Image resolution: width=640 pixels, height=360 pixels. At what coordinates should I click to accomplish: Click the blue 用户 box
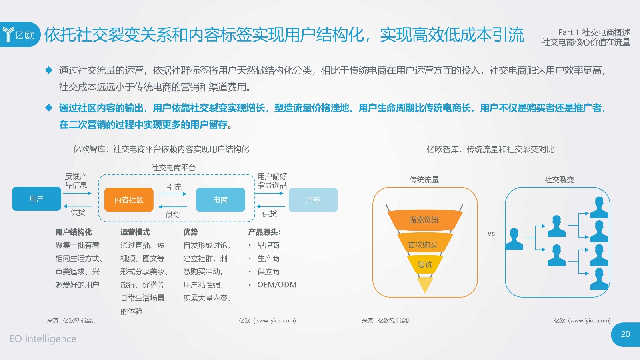coord(36,199)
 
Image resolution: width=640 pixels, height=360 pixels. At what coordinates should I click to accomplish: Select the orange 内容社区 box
coord(129,200)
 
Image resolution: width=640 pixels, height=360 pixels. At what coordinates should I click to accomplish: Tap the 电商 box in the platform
coord(220,200)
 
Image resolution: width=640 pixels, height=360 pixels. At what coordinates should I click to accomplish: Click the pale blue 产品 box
coord(313,200)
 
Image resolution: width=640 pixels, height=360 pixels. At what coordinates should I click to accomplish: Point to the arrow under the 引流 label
coord(172,194)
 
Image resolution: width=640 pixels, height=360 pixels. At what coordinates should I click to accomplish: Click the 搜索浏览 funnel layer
coord(424,220)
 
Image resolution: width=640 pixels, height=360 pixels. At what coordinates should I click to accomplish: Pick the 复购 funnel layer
coord(425,264)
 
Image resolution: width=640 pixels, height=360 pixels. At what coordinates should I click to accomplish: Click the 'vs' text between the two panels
coord(491,234)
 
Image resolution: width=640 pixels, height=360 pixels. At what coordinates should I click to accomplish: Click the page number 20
coord(626,334)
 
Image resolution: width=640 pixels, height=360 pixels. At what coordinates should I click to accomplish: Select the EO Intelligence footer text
coord(43,338)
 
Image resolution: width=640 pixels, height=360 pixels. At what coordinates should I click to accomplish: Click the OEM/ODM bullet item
coord(276,284)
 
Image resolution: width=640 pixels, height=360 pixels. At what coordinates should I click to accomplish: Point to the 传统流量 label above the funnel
coord(424,180)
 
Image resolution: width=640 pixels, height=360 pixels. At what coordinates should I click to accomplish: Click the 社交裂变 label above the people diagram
coord(560,180)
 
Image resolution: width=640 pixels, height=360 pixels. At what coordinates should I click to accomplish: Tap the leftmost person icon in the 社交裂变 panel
coord(514,239)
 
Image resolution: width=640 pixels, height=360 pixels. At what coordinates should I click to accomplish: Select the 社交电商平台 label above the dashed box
coord(174,168)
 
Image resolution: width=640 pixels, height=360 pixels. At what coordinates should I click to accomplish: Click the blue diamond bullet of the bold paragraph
coord(49,108)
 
